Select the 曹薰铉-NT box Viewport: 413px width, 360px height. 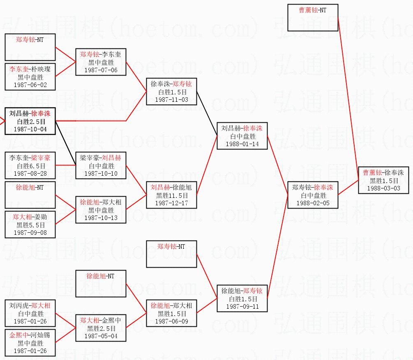coord(313,18)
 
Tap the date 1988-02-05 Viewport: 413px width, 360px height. coord(313,203)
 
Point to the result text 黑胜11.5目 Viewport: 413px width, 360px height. coord(171,196)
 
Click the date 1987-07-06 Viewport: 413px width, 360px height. coord(101,70)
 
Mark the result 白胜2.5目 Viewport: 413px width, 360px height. coord(30,122)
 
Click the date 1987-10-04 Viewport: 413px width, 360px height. coord(30,129)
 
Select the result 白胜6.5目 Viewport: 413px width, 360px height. coord(30,166)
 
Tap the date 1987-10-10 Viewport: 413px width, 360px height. coord(101,173)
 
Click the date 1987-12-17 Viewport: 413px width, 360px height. coord(171,203)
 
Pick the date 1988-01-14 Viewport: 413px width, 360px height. coord(242,144)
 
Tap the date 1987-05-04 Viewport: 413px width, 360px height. coord(101,336)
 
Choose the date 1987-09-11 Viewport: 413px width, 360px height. coord(242,306)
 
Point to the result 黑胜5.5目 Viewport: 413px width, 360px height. coord(30,225)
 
